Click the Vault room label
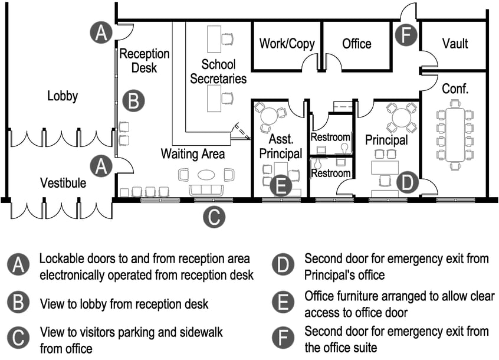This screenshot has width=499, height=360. (x=455, y=44)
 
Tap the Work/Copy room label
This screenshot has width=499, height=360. (x=287, y=44)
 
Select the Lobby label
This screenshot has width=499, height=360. (x=63, y=96)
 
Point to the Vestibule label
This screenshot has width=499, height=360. (x=63, y=183)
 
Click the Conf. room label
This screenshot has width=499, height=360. (x=455, y=89)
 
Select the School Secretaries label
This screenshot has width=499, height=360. (x=218, y=71)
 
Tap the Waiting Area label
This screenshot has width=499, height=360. (x=193, y=154)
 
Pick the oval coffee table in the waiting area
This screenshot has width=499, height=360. (x=206, y=174)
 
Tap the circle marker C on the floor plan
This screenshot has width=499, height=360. (x=214, y=217)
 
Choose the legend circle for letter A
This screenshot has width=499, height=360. (x=19, y=266)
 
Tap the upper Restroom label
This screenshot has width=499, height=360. (x=330, y=138)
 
